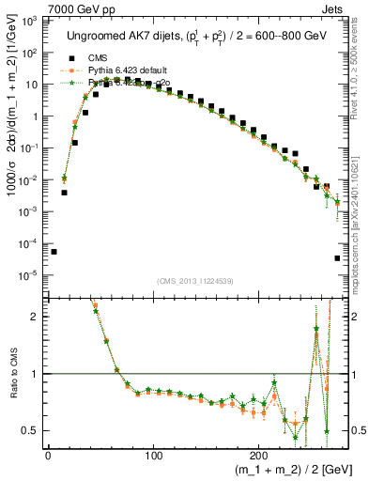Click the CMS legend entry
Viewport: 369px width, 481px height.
(99, 58)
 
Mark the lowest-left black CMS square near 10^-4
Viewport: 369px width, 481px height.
(54, 252)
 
